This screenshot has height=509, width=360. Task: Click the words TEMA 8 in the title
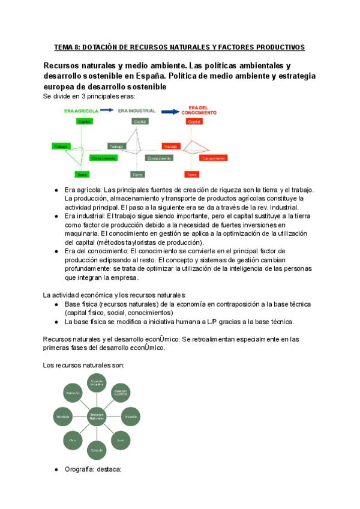70,47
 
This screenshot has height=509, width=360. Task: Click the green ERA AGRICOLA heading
80,111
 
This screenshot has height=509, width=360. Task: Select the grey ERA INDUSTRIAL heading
137,111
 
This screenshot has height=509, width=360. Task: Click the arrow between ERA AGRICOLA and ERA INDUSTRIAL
108,110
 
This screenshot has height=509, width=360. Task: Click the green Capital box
84,122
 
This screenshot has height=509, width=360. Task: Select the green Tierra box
82,174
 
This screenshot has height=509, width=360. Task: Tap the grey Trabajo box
116,146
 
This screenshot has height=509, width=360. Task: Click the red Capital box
193,122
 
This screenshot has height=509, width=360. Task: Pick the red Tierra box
191,174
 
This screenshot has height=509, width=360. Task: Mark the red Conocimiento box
212,158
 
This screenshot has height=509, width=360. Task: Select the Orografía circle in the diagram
131,415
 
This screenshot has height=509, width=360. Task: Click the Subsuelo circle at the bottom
97,450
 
